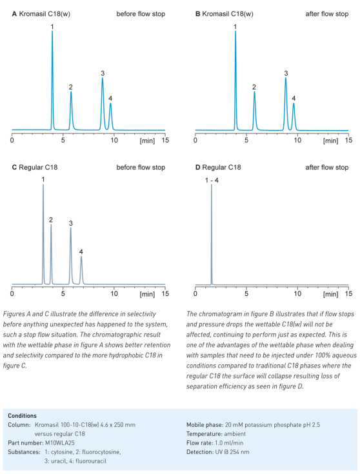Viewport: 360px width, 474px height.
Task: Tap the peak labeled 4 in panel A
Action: pos(110,117)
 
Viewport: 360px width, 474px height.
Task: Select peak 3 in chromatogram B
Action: pos(286,104)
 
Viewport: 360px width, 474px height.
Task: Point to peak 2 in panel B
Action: pos(254,111)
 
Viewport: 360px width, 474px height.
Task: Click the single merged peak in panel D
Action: pos(212,234)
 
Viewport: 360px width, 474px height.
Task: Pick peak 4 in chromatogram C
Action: pos(81,270)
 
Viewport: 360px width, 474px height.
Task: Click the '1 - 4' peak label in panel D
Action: pos(212,181)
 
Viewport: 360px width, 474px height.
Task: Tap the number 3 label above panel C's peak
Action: pos(71,223)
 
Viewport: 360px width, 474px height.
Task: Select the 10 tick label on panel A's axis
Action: pos(114,141)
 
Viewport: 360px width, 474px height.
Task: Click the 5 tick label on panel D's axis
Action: pos(246,293)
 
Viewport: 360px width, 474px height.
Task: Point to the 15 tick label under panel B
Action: pos(348,141)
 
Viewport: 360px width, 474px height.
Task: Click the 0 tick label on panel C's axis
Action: pos(12,293)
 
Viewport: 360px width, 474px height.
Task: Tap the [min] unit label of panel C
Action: pos(147,294)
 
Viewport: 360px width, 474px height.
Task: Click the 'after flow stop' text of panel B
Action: pos(327,14)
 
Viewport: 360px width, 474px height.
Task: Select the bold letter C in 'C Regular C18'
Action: pos(14,167)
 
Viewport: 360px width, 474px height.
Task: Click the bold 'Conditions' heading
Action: pos(22,416)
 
